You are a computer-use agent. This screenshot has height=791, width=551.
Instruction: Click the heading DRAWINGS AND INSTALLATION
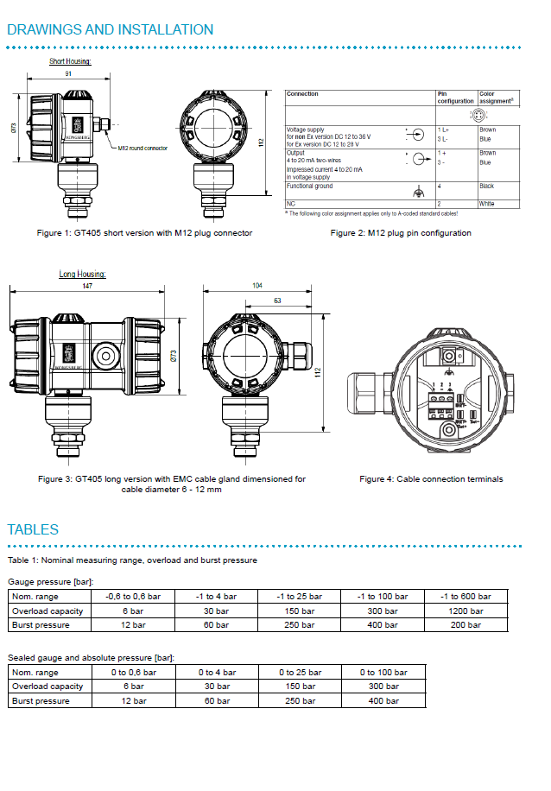(111, 29)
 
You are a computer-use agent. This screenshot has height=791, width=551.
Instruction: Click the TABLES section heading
(33, 529)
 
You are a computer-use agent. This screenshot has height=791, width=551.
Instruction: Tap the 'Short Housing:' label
(70, 61)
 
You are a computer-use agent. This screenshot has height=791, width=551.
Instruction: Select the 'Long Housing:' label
(82, 274)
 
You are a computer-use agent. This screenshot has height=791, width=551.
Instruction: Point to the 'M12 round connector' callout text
(142, 148)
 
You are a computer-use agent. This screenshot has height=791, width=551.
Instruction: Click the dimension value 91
(68, 74)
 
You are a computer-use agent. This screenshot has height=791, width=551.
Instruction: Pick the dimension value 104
(257, 284)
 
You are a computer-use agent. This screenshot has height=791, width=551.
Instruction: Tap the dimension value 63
(275, 301)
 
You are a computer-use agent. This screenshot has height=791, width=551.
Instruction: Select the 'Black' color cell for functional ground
(487, 186)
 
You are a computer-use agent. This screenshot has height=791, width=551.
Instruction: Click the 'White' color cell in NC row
(486, 204)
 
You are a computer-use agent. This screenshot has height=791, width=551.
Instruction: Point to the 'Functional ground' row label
(309, 186)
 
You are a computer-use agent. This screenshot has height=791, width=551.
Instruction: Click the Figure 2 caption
(401, 233)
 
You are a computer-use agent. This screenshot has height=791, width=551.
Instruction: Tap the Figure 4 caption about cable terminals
(431, 478)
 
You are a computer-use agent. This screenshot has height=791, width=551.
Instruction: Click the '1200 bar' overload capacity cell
(465, 611)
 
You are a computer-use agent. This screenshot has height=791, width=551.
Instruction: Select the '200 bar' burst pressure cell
(465, 624)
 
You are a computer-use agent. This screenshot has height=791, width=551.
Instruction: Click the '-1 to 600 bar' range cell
(465, 597)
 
